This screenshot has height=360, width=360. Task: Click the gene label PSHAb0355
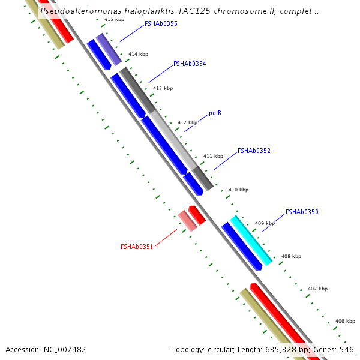[x=161, y=24]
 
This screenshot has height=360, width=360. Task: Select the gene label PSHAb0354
[x=190, y=64]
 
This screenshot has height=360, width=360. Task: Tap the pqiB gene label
[x=215, y=113]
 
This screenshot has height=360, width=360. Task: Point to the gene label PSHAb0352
[x=254, y=151]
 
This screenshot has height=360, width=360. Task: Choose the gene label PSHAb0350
[x=302, y=212]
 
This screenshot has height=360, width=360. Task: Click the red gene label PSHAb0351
[x=137, y=247]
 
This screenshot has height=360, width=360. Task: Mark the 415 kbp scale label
[x=114, y=20]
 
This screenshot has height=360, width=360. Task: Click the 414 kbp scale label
[x=138, y=55]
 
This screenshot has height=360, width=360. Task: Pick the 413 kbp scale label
[x=163, y=88]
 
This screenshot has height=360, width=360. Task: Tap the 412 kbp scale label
[x=187, y=122]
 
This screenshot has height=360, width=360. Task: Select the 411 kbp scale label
[x=213, y=156]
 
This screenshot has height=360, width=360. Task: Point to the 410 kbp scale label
[x=238, y=190]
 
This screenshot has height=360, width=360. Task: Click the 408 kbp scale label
[x=291, y=256]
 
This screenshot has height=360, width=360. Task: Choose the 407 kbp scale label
[x=317, y=289]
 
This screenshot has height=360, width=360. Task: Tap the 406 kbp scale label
[x=345, y=321]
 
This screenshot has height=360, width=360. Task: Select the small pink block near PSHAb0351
[x=187, y=221]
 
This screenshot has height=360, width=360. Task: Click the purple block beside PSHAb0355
[x=109, y=49]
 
